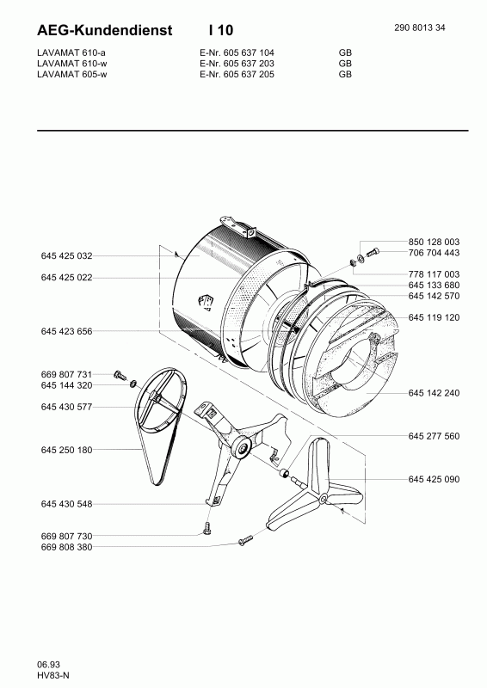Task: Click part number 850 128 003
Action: point(434,242)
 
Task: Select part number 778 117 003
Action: point(434,273)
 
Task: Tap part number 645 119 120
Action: point(434,317)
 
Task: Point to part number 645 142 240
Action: point(434,392)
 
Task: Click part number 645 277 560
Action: point(434,435)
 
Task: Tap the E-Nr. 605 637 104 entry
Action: point(230,52)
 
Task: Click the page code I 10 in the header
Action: point(220,30)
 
